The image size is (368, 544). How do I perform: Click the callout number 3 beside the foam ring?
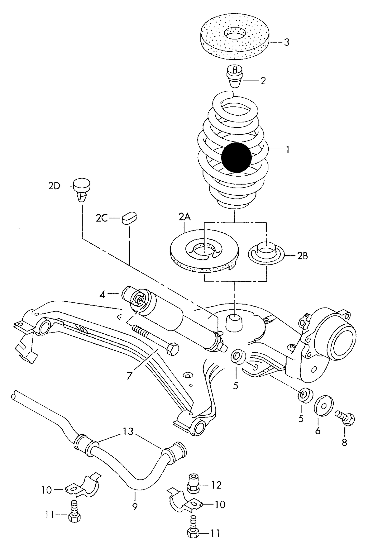pos(287,42)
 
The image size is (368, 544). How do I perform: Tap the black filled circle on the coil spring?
pos(237,157)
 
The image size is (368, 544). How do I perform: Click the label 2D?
pos(54,186)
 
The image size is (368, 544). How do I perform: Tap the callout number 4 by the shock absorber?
pos(102,295)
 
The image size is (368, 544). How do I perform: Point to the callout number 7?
pos(129,376)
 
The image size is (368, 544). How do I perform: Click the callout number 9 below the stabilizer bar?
pos(135,506)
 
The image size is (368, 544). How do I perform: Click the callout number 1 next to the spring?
pos(288,150)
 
